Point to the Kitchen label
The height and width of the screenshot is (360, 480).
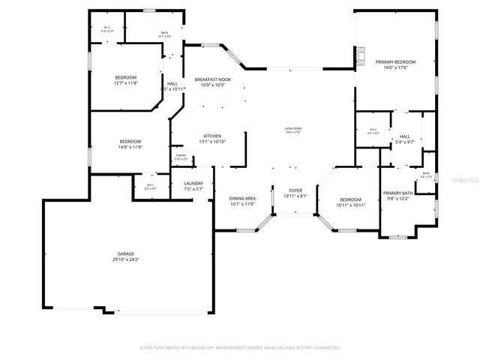(x=212, y=136)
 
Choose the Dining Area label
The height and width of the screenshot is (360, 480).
(x=242, y=198)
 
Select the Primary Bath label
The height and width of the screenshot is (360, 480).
(x=399, y=193)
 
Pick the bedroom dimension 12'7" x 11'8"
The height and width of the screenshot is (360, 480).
(x=125, y=83)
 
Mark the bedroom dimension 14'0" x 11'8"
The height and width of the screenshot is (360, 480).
(x=130, y=147)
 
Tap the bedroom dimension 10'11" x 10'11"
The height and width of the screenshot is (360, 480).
(x=350, y=205)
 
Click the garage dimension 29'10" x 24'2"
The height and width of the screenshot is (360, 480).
(x=125, y=259)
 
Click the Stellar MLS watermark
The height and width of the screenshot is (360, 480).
(x=464, y=180)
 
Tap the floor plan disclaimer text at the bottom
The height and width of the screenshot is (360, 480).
(x=240, y=348)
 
